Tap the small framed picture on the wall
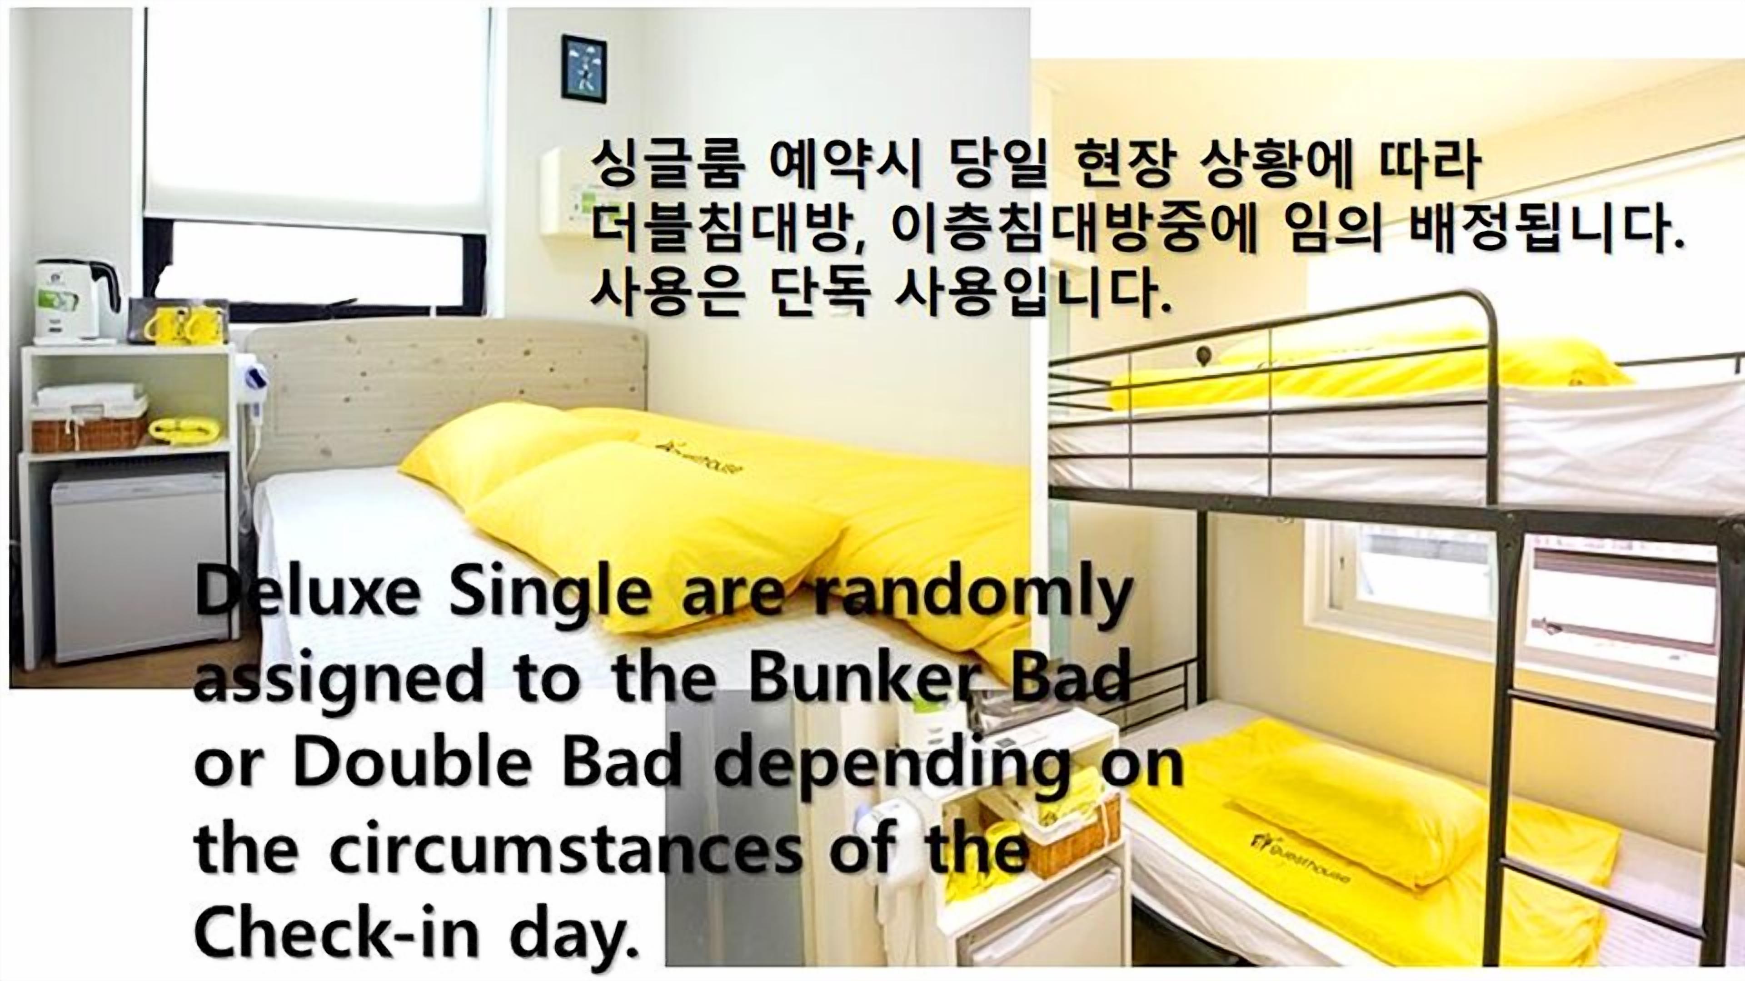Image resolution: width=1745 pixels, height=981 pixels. [x=583, y=66]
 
